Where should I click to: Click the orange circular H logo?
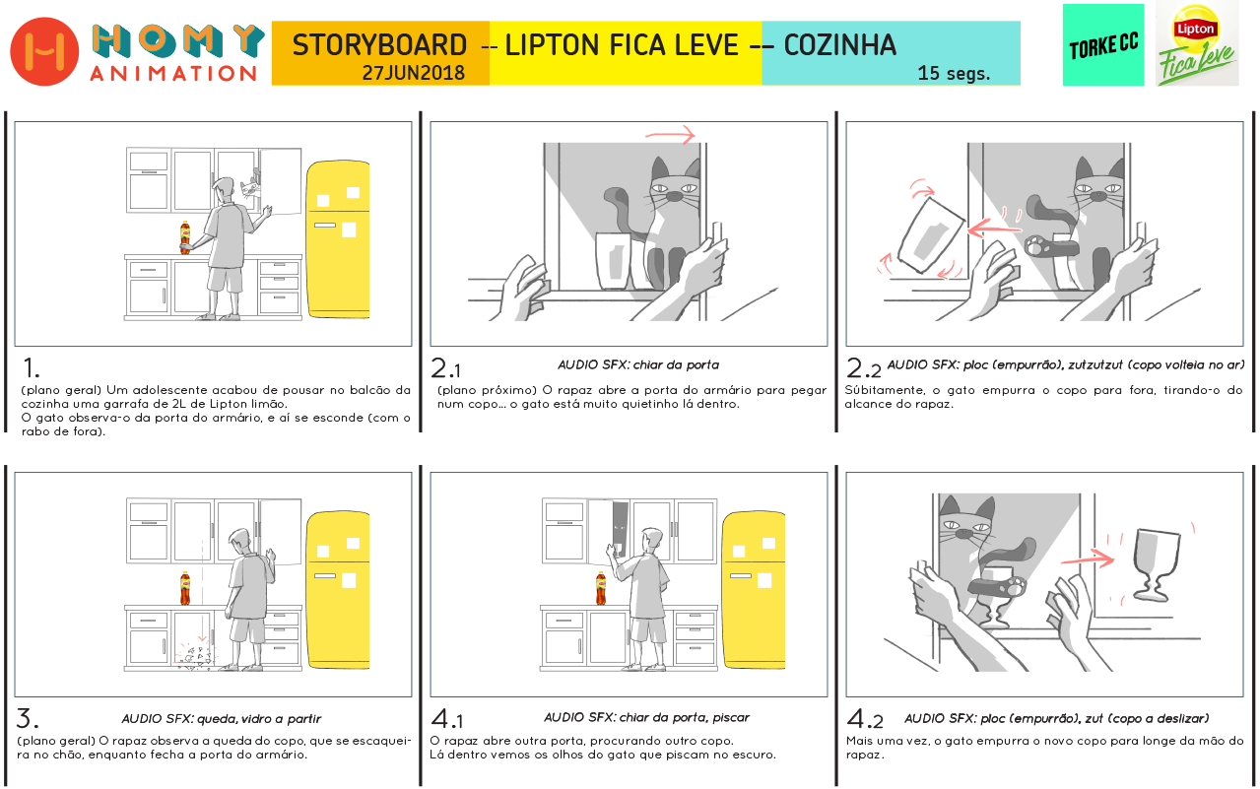[x=44, y=51]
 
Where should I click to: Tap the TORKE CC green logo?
[x=1103, y=45]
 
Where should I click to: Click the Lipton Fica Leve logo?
[x=1197, y=45]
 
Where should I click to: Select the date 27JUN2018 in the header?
[x=414, y=73]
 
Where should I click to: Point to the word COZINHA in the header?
[x=840, y=45]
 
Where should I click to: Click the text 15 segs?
[x=954, y=73]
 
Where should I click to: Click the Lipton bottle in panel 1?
[x=185, y=237]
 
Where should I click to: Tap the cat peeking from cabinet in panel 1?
[x=250, y=187]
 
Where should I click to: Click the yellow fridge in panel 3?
[x=338, y=589]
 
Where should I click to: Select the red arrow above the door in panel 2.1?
[x=671, y=135]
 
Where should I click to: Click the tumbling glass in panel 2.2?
[x=931, y=235]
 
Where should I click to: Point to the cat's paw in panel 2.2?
[x=1035, y=245]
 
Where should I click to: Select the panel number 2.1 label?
[x=445, y=368]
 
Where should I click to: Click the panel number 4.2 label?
[x=865, y=719]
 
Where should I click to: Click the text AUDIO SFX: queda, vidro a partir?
[x=221, y=719]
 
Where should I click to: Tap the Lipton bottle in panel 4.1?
[x=601, y=588]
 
